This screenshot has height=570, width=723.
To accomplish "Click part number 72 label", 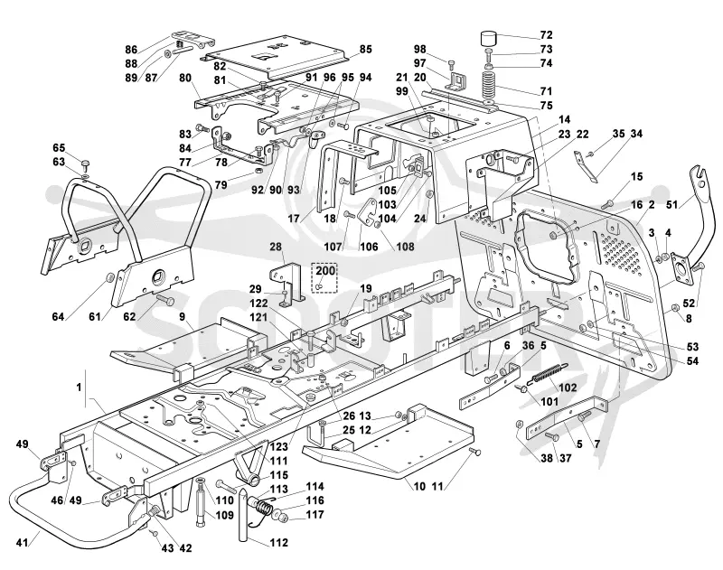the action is [546, 35].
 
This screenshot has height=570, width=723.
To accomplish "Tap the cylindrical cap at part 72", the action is [490, 38].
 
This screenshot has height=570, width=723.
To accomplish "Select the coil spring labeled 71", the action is [490, 83].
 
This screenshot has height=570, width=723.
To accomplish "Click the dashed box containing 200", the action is [325, 277].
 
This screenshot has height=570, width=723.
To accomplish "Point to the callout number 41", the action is [22, 543].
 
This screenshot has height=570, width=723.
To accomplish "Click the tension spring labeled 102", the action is [549, 372].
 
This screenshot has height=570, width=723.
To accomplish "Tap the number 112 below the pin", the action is [278, 543].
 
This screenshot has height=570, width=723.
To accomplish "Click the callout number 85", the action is [366, 49].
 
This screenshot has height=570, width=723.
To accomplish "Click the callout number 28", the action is [276, 247].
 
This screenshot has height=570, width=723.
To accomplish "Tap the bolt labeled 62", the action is [164, 300].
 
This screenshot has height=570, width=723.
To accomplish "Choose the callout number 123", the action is [279, 446].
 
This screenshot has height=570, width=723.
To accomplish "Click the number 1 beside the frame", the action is [79, 387].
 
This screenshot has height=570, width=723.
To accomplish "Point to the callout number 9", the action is [183, 316].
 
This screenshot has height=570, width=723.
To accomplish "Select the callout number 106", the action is [369, 247].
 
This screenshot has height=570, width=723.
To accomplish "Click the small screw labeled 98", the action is [450, 62].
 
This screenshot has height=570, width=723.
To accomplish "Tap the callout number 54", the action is [692, 360].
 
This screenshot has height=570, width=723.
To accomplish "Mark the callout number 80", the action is [185, 78].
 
